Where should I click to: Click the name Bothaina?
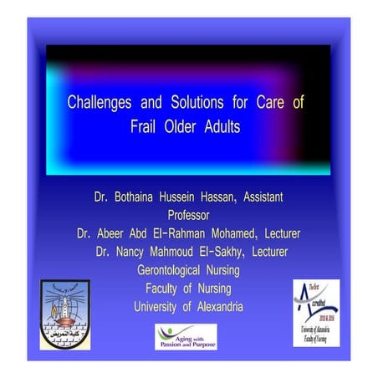point(139,197)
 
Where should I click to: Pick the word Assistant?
point(256,197)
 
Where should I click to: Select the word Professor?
point(189,214)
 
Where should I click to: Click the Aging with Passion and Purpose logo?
point(186,336)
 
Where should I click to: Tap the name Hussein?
point(187,197)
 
